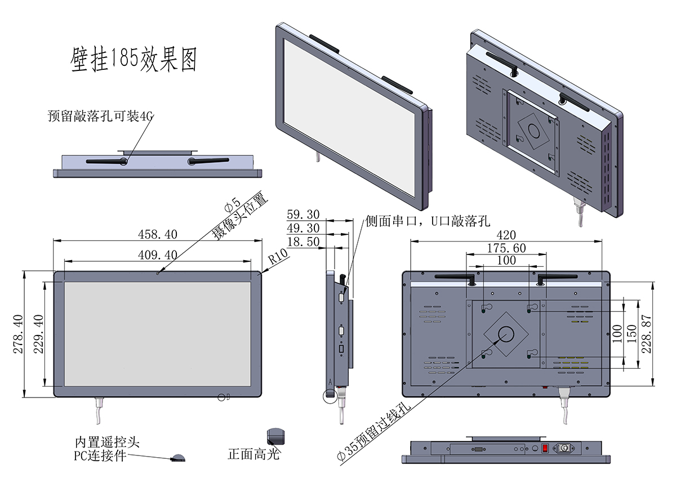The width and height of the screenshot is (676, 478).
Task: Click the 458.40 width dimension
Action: tap(157, 234)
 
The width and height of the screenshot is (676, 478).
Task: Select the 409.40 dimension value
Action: tap(158, 254)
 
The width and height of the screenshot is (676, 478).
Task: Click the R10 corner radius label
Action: tap(278, 257)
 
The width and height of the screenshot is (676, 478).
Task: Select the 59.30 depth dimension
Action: tap(303, 214)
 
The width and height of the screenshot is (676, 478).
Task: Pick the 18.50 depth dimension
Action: tap(303, 242)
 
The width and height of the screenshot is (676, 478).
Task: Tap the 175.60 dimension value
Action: tap(506, 248)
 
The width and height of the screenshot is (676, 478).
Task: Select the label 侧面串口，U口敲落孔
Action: tap(428, 221)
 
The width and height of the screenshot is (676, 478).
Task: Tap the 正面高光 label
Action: tap(253, 454)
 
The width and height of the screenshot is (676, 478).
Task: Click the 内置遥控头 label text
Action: tap(107, 443)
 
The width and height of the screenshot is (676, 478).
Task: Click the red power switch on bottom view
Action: tap(545, 449)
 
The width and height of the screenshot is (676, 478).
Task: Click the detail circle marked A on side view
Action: tap(330, 395)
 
